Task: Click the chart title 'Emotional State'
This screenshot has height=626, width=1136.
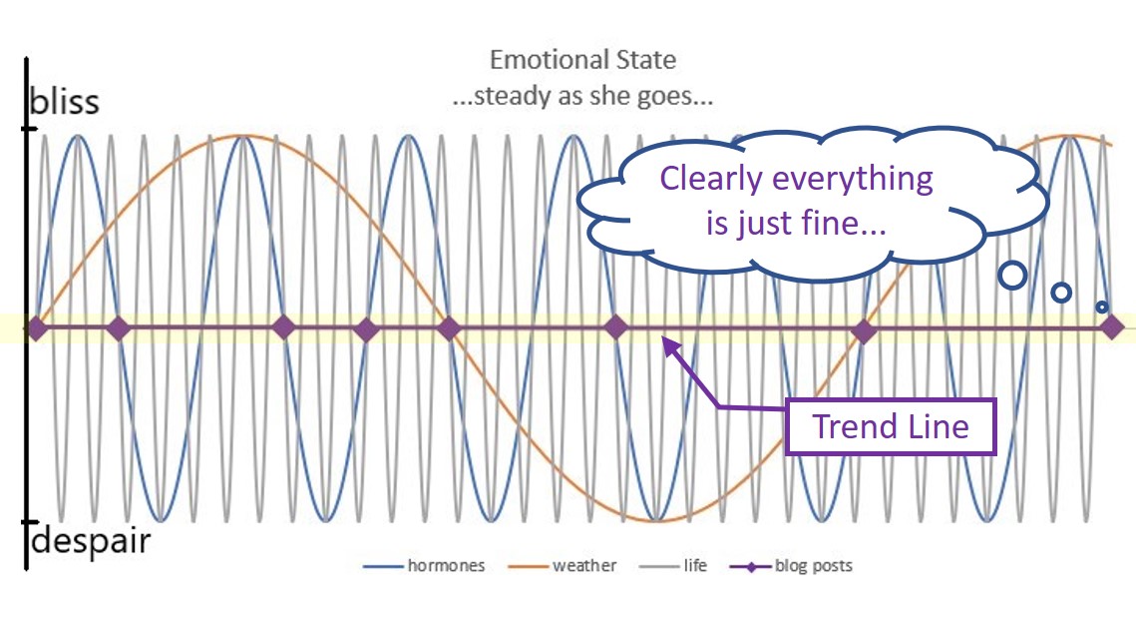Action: click(x=582, y=60)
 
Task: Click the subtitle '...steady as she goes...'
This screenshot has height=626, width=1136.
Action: click(x=582, y=96)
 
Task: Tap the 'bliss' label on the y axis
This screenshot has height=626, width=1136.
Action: click(x=65, y=101)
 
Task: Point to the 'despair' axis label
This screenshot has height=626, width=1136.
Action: click(x=91, y=540)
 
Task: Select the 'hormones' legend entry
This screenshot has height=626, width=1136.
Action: click(x=424, y=566)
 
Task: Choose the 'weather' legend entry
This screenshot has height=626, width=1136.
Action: click(x=563, y=566)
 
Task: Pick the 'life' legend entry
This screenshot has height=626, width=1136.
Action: click(x=673, y=566)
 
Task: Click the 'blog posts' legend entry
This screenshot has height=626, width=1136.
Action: click(x=791, y=566)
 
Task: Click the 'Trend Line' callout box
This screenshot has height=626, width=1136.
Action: click(x=891, y=426)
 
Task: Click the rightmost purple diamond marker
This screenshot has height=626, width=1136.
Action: click(x=1112, y=328)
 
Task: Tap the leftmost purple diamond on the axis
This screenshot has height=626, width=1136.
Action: click(x=36, y=328)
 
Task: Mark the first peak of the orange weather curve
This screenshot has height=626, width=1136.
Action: click(x=242, y=137)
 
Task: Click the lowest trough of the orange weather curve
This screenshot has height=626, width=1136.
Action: click(x=656, y=521)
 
